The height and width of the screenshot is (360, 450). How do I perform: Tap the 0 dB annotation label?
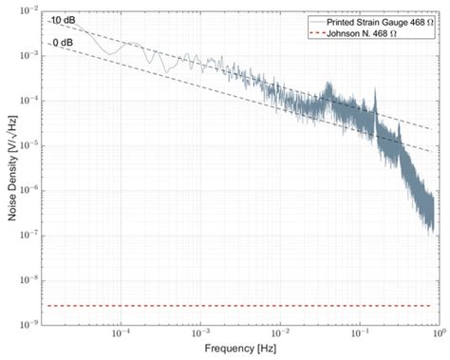coord(63,42)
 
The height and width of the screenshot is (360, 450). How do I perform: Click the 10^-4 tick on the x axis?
coord(121,334)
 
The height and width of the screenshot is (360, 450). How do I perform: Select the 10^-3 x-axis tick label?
coord(200,334)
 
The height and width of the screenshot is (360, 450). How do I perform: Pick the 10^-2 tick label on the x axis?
coord(280,334)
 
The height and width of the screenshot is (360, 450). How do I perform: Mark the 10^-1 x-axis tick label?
coord(360,334)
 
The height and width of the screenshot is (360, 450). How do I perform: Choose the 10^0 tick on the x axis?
coord(438,334)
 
